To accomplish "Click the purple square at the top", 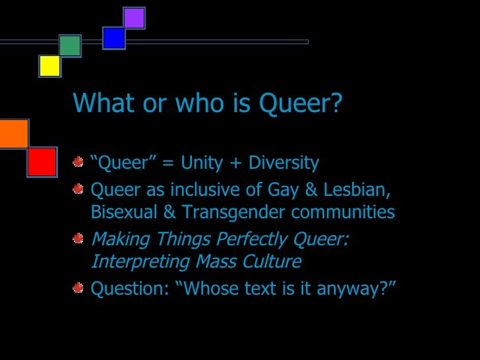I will coord(134,18).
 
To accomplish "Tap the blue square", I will coord(114,38).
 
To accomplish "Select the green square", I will coord(70,45).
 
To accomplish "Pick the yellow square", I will coord(49,66).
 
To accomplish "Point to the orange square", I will coord(13,134).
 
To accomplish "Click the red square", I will coord(42,162).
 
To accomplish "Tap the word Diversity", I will coord(284,163).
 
